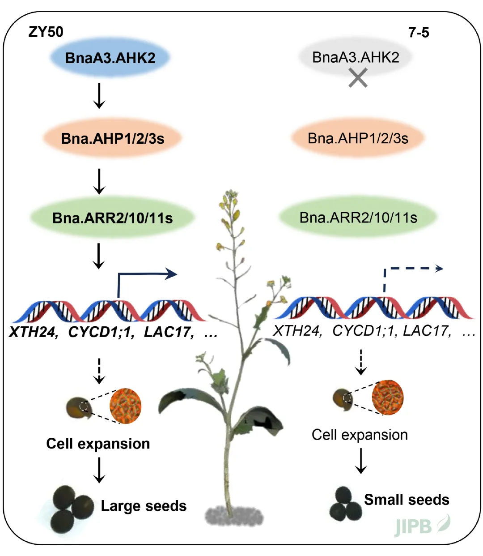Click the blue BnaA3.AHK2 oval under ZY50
tap(110, 58)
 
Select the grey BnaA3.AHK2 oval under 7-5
tap(356, 57)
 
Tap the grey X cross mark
tap(358, 77)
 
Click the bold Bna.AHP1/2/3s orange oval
tap(113, 138)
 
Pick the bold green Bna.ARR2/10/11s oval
tap(112, 218)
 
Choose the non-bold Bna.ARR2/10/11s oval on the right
tap(358, 218)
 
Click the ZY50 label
tap(46, 32)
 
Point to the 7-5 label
tap(419, 33)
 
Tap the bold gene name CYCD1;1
tap(101, 333)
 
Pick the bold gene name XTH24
tap(34, 333)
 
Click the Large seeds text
tap(143, 506)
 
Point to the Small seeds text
tap(407, 500)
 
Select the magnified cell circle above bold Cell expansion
tap(126, 406)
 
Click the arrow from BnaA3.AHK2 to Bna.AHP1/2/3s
tap(99, 95)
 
